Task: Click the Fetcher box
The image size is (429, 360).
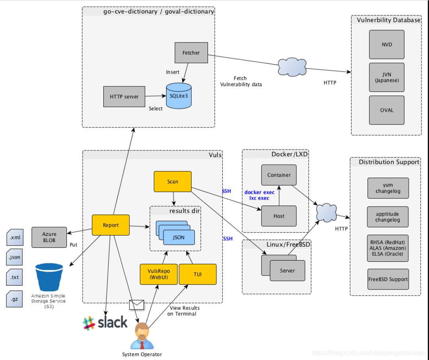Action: pyautogui.click(x=191, y=53)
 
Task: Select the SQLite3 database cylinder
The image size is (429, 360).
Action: pyautogui.click(x=179, y=96)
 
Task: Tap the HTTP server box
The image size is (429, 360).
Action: pyautogui.click(x=124, y=97)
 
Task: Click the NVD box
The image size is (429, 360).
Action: pyautogui.click(x=386, y=44)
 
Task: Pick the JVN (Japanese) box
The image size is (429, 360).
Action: pyautogui.click(x=386, y=77)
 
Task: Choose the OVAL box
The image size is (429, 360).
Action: pyautogui.click(x=386, y=110)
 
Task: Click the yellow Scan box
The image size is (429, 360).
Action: pyautogui.click(x=173, y=181)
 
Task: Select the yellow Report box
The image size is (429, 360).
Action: pyautogui.click(x=111, y=225)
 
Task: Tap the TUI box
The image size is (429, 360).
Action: pyautogui.click(x=198, y=274)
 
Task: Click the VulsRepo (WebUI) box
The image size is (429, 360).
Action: pyautogui.click(x=159, y=274)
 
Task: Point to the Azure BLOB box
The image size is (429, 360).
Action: pyautogui.click(x=49, y=237)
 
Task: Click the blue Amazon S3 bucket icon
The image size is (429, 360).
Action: pyautogui.click(x=49, y=277)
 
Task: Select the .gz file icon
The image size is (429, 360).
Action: pyautogui.click(x=14, y=299)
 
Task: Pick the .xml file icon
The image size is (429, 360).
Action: pyautogui.click(x=15, y=237)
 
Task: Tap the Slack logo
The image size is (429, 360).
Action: pyautogui.click(x=105, y=323)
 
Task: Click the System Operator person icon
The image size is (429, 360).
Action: pyautogui.click(x=142, y=336)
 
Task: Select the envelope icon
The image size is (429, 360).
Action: pyautogui.click(x=136, y=305)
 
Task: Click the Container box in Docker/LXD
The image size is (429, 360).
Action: pyautogui.click(x=279, y=175)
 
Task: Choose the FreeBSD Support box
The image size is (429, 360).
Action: pyautogui.click(x=388, y=279)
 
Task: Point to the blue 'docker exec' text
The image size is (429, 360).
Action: pyautogui.click(x=259, y=192)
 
